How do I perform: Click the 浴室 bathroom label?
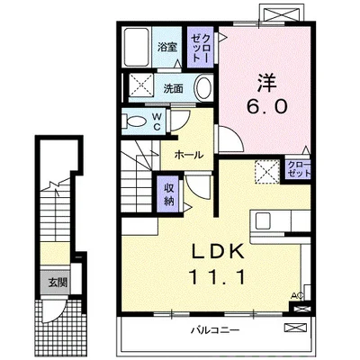pos(167,47)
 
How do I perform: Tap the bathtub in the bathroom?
pos(137,47)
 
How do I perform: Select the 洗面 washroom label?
pos(173,88)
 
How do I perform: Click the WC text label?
pos(157,121)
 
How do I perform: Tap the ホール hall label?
pos(189,155)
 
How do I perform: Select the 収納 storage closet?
pos(169,194)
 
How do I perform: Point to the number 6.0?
pos(266,106)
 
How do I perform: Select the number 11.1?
pos(217,277)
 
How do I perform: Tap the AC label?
pos(297,296)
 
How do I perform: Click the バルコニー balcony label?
pos(216,331)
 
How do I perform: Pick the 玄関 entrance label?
pos(58,283)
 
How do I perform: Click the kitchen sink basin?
pos(263,220)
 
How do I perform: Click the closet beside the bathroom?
pos(201,47)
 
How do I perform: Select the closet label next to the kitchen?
pos(298,169)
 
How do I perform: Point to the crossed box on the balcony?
pos(295,328)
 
